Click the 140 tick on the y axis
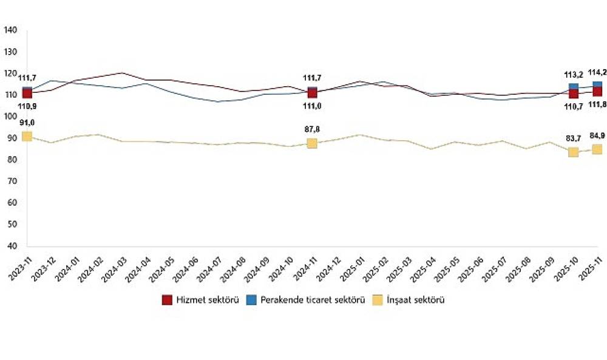tap(12, 30)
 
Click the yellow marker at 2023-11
tap(27, 136)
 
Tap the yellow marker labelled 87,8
tap(312, 143)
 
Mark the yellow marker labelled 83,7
tap(573, 152)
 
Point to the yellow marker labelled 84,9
tap(597, 149)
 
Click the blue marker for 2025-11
tap(597, 85)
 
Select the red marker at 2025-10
tap(573, 93)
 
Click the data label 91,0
tap(27, 124)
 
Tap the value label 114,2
tap(597, 72)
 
